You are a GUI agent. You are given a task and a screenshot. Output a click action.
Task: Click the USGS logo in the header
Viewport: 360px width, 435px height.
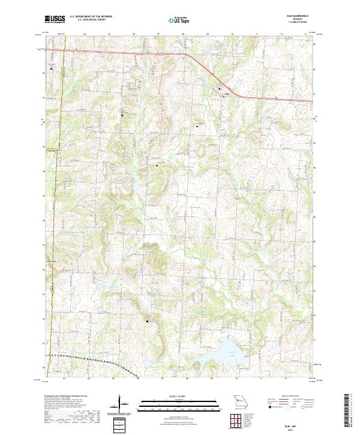tap(55, 19)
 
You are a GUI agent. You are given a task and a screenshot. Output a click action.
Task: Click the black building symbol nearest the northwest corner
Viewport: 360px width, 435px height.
tap(52, 69)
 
